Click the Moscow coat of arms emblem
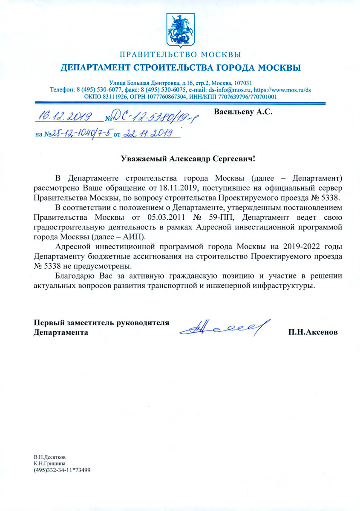(x=180, y=30)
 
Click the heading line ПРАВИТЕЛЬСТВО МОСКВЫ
(x=180, y=55)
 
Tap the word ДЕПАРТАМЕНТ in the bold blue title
(x=97, y=68)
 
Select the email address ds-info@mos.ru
(x=230, y=90)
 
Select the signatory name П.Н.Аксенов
(x=313, y=332)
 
